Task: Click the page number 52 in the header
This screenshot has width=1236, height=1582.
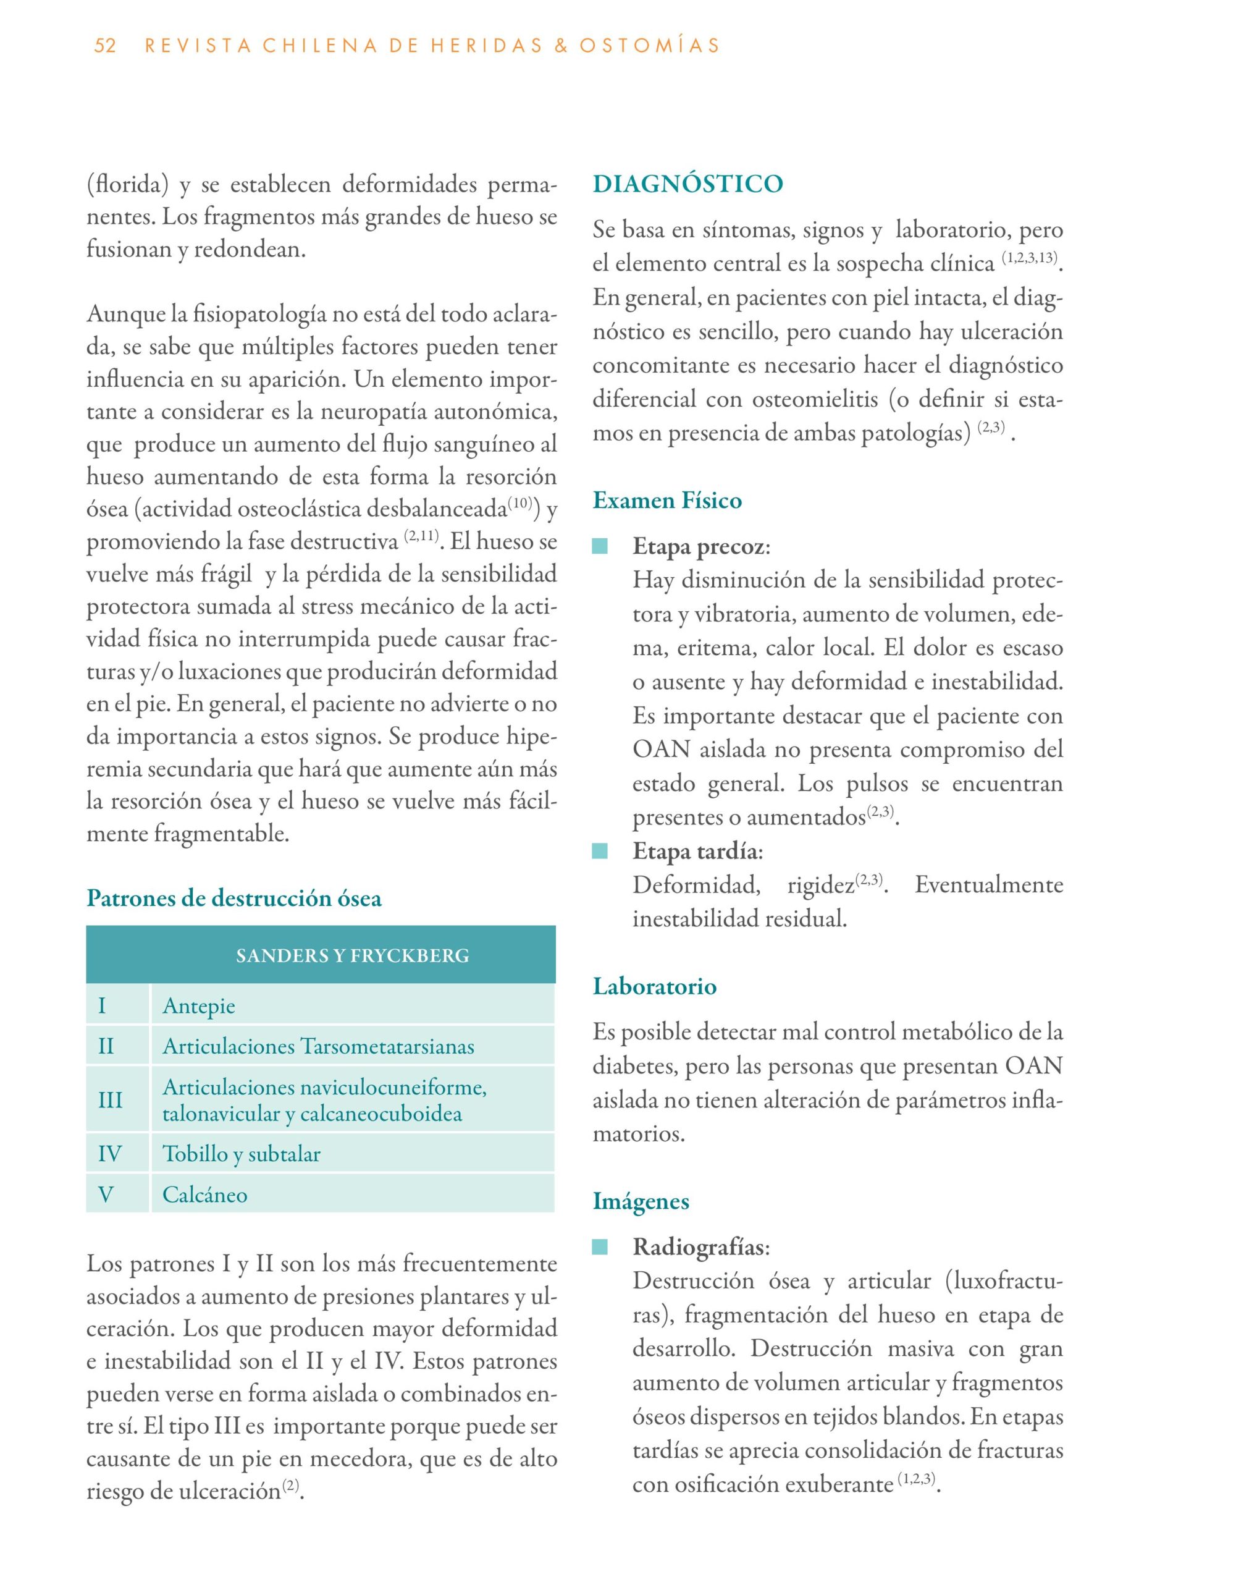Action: coord(105,46)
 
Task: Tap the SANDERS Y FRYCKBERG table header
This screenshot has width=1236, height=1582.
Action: coord(352,955)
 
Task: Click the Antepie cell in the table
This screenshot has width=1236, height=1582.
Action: coord(199,1005)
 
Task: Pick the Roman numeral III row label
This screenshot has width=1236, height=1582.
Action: coord(110,1099)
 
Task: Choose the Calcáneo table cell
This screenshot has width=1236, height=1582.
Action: coord(205,1195)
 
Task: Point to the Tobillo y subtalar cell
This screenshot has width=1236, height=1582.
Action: coord(241,1153)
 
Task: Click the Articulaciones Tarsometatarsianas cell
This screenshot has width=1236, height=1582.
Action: coord(319,1046)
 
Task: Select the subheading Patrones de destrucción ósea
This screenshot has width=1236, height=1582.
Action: coord(234,898)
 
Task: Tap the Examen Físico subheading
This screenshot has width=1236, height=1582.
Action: coord(667,501)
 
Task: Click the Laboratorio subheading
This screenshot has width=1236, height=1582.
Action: coord(655,986)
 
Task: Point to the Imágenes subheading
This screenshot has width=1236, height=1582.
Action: coord(641,1201)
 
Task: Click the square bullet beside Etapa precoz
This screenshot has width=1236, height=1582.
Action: coord(600,546)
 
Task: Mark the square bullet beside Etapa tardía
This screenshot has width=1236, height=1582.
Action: coord(600,851)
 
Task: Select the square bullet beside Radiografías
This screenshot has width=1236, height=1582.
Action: coord(600,1247)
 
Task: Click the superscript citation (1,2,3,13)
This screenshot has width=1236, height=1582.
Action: coord(1030,258)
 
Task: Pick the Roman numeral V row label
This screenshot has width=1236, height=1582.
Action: coord(106,1195)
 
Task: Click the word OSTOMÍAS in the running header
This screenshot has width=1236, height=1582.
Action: coord(649,46)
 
